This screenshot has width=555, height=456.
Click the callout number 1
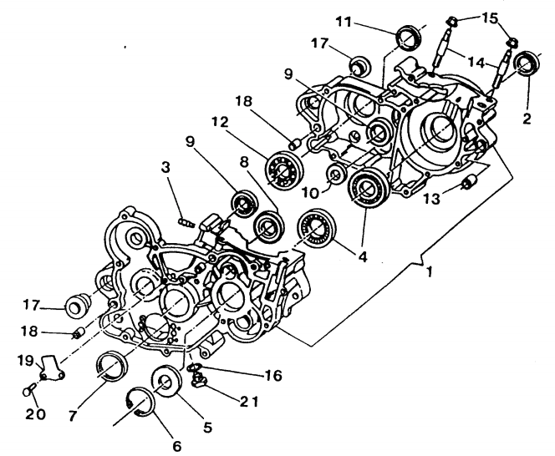(x=429, y=272)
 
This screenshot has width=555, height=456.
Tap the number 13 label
(x=432, y=199)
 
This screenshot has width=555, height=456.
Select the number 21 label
(x=247, y=402)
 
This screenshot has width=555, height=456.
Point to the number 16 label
(x=272, y=375)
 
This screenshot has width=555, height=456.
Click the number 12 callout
(x=220, y=123)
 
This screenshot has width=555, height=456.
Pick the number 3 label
(x=165, y=167)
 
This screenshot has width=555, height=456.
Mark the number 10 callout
(x=310, y=193)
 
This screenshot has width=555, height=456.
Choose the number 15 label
(x=491, y=18)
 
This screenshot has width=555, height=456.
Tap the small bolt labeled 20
(x=28, y=390)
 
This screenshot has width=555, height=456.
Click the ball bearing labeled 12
(x=284, y=170)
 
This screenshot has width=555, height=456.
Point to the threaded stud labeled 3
(x=187, y=223)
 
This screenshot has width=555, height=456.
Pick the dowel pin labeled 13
(x=469, y=184)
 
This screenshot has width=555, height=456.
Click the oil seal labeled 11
(x=410, y=36)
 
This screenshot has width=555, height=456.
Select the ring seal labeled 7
(x=112, y=367)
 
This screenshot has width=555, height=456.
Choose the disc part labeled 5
(x=166, y=381)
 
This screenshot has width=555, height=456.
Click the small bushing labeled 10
(x=335, y=174)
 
